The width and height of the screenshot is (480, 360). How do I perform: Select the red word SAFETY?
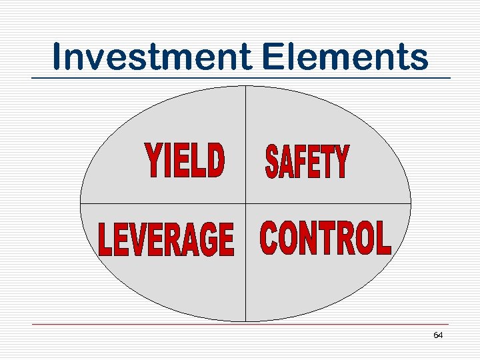point(307,162)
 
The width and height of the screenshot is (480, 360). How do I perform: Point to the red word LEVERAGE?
point(166,240)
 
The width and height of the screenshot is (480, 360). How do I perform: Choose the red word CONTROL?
point(325,238)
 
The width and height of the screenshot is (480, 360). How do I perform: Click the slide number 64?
point(438,335)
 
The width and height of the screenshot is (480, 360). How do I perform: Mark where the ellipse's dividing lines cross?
point(246,203)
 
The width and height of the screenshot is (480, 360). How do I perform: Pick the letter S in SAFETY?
point(273,163)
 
